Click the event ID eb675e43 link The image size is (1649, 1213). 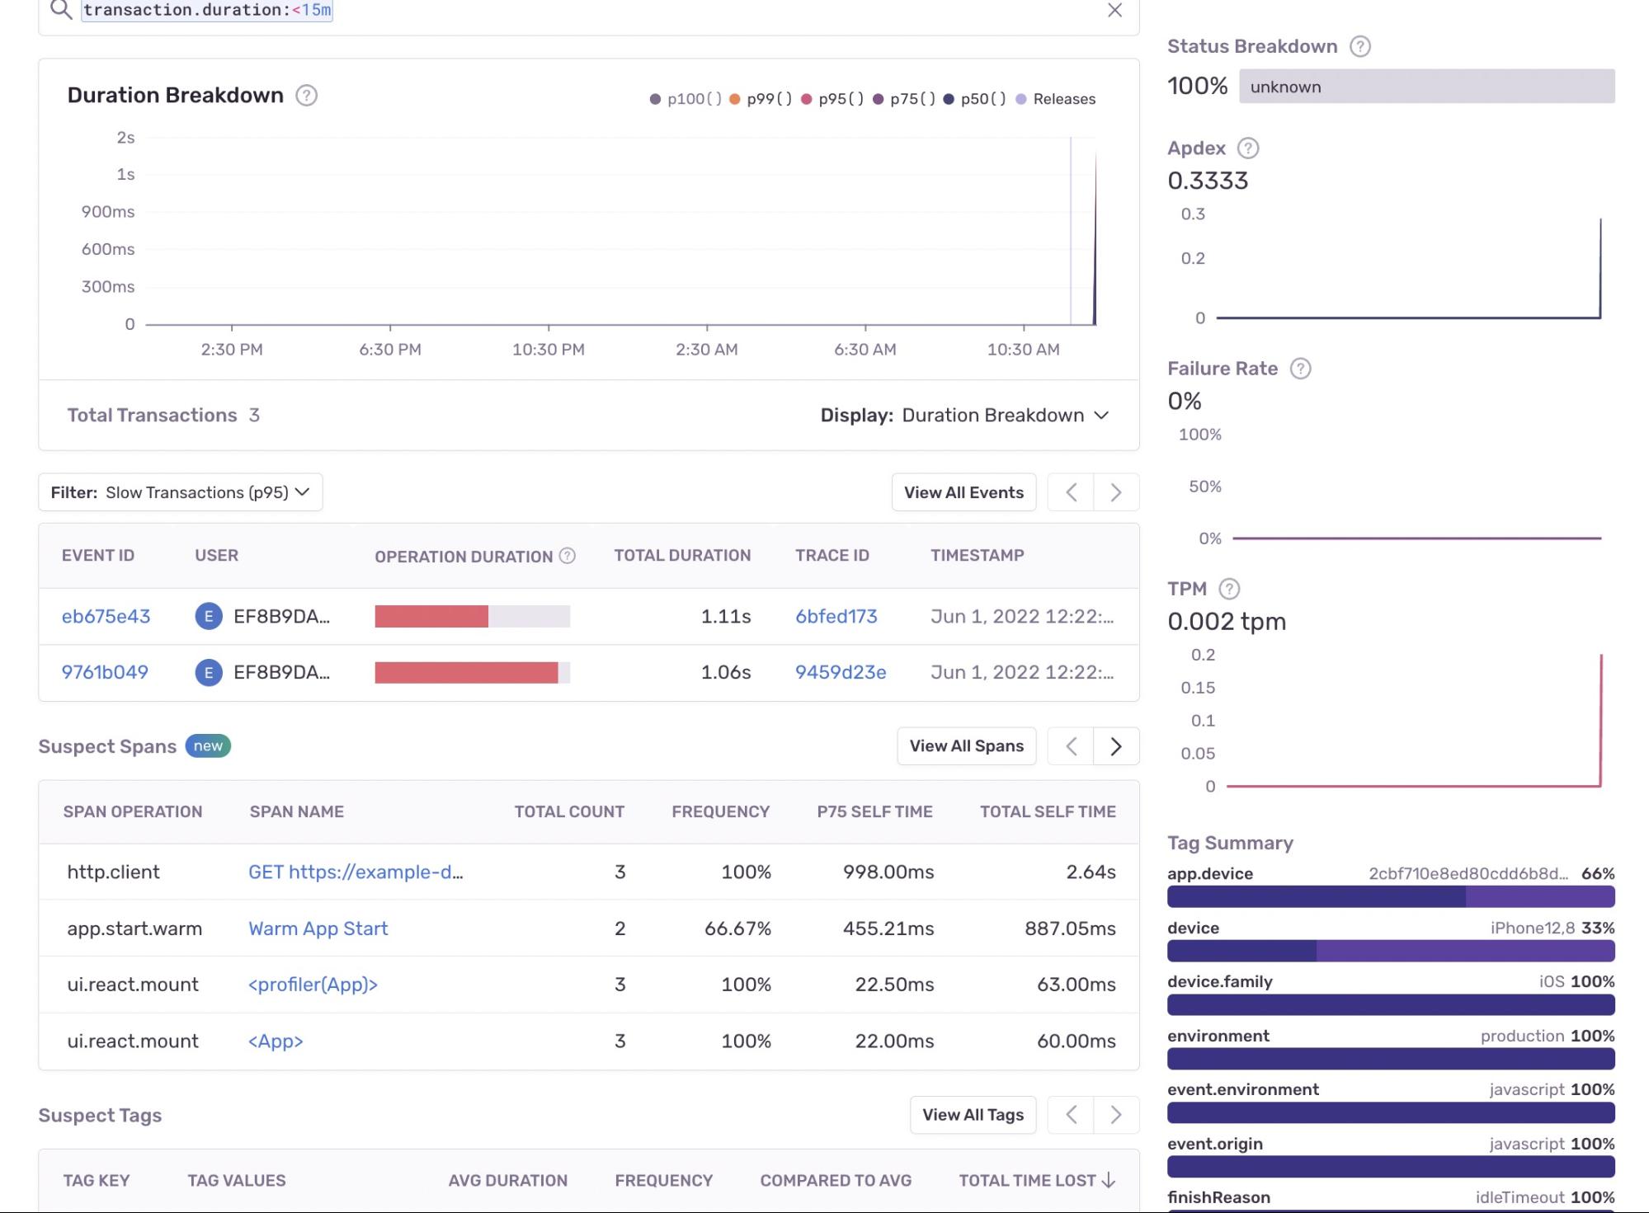coord(106,617)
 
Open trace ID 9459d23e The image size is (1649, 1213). coord(840,673)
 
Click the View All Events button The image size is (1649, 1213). coord(963,492)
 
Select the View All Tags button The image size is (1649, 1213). coord(972,1115)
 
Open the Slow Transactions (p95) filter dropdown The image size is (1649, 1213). coord(180,492)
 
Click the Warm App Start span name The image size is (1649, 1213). coord(318,929)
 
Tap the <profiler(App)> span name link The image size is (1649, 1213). coord(313,985)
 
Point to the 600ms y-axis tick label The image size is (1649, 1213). coord(108,249)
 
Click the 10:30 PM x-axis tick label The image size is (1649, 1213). coord(548,350)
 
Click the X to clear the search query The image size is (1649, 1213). coord(1114,11)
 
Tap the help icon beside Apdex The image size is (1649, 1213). coord(1248,148)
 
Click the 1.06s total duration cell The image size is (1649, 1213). coord(725,673)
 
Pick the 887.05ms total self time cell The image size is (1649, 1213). coord(1069,929)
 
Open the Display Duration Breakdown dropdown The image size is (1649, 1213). coord(1005,416)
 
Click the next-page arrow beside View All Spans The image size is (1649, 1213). coord(1115,746)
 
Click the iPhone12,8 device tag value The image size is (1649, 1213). coord(1532,928)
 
